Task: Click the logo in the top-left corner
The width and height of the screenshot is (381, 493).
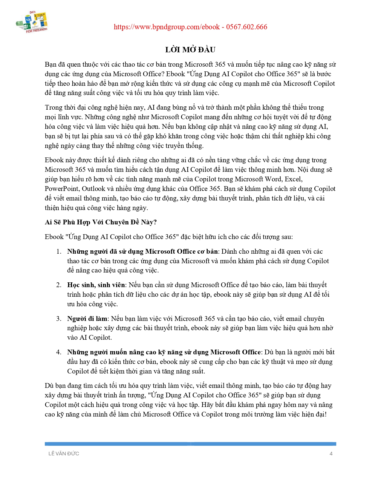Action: [x=32, y=22]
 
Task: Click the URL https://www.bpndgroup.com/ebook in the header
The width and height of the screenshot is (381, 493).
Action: [x=167, y=27]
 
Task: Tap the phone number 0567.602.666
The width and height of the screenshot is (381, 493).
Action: [x=247, y=27]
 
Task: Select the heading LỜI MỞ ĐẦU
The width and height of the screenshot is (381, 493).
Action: [x=190, y=50]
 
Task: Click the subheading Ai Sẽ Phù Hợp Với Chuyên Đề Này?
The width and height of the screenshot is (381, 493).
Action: [x=101, y=222]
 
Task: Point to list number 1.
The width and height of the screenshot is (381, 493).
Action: [x=59, y=252]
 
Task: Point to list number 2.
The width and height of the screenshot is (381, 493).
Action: [x=59, y=285]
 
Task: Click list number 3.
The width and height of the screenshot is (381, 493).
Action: [x=59, y=319]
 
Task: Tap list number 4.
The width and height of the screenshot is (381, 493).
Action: [x=59, y=352]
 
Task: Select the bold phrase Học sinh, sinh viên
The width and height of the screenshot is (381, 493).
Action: [x=96, y=285]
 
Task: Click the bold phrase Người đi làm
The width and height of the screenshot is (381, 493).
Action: [x=87, y=319]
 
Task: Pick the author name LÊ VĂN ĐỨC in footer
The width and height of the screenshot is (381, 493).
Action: [x=64, y=454]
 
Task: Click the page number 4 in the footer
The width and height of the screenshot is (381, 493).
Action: [x=331, y=454]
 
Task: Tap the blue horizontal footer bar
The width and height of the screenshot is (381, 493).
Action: [x=190, y=444]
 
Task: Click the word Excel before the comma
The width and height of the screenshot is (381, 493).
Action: [x=293, y=179]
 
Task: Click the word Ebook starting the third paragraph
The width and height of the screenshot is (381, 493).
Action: [x=54, y=160]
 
